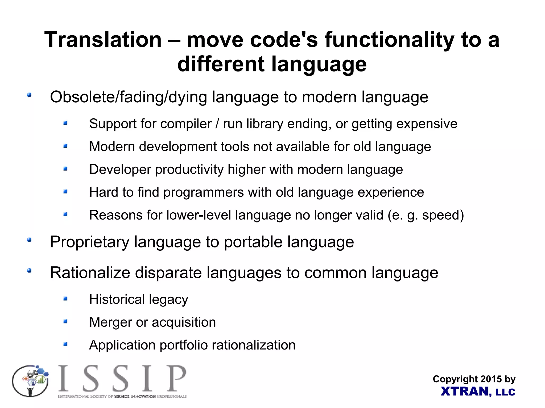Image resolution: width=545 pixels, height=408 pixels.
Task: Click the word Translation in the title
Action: (x=103, y=40)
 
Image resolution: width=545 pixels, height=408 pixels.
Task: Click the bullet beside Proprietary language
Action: (x=29, y=240)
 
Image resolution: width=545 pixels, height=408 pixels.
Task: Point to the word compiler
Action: (x=186, y=124)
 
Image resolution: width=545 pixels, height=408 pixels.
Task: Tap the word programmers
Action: (x=203, y=192)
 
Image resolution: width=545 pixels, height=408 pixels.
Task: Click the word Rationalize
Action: (x=90, y=273)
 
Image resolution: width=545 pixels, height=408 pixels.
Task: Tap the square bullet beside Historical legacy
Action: (x=65, y=299)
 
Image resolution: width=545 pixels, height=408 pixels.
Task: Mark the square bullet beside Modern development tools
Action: (x=65, y=146)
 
